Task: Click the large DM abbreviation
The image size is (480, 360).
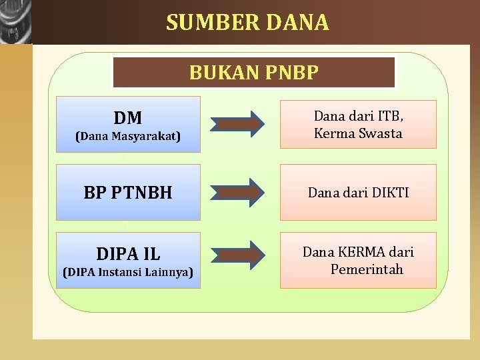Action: (128, 118)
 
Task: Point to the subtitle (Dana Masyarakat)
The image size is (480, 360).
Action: (128, 137)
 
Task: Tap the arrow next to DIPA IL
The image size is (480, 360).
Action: (238, 255)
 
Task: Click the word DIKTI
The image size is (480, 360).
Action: (386, 193)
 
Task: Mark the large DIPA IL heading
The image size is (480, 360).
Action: (128, 254)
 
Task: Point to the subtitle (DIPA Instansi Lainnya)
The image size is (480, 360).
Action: (128, 272)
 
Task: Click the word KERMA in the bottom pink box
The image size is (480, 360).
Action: (364, 253)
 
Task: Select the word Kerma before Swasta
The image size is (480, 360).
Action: (333, 133)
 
